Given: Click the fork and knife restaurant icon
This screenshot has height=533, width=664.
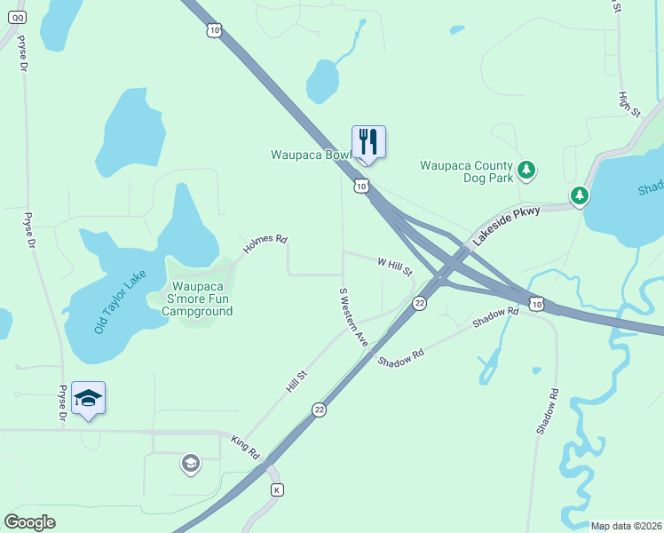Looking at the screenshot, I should [x=368, y=141].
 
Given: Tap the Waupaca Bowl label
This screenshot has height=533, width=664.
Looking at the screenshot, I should [x=312, y=155].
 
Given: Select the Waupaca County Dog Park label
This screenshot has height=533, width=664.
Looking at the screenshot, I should [x=466, y=171].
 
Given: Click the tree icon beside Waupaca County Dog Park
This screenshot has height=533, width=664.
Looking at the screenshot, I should [x=526, y=169].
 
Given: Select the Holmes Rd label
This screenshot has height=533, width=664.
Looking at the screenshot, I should [x=265, y=245].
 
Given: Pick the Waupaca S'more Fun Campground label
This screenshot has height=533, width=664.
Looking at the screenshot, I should [x=202, y=299].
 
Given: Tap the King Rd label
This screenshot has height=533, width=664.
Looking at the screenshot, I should [x=244, y=447].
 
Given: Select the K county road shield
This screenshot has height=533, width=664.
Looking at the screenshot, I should [x=277, y=490].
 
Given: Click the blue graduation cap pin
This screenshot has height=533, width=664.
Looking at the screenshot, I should [x=88, y=398].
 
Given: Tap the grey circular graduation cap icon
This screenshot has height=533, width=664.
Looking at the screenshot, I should [x=190, y=463].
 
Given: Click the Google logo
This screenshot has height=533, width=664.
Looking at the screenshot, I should [x=29, y=522].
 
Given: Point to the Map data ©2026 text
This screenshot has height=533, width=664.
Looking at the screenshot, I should [x=626, y=526].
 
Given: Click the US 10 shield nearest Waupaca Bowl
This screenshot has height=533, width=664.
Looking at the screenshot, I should [x=360, y=186].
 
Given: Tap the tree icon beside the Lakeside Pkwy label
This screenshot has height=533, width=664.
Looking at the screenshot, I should [x=580, y=195].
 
